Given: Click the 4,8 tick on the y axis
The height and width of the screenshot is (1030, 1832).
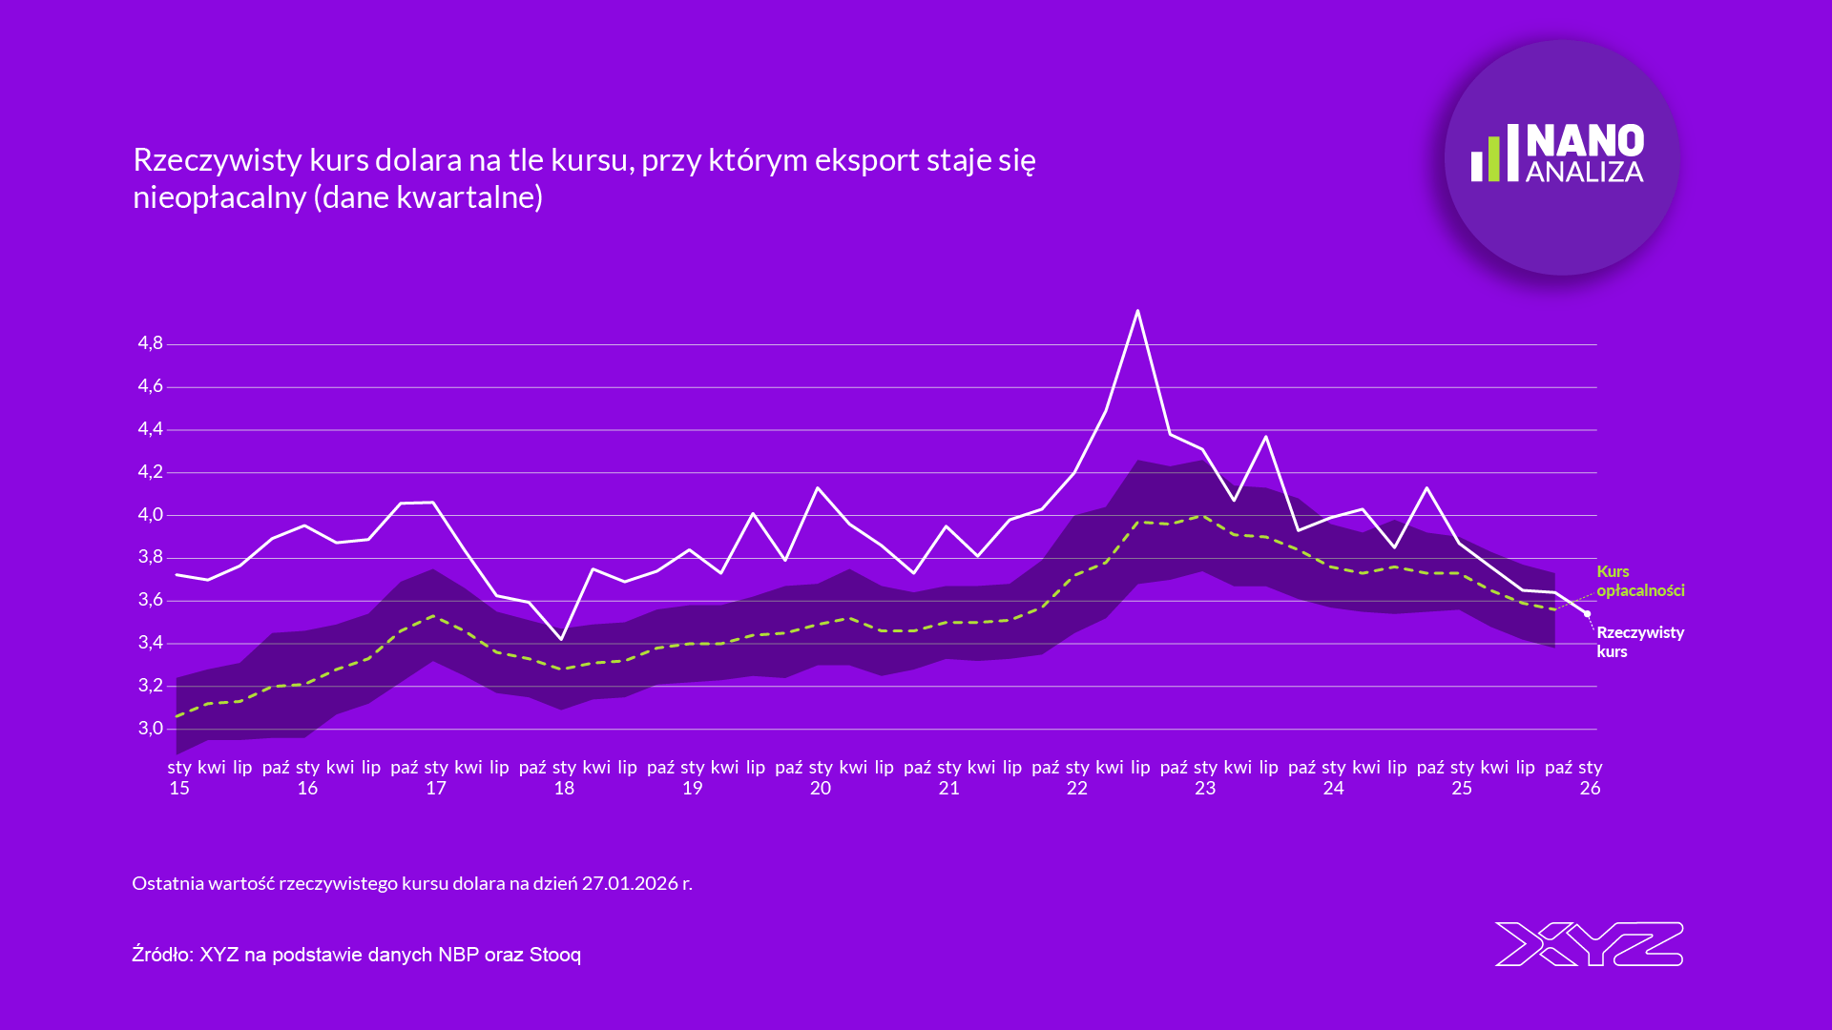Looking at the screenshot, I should click(x=151, y=343).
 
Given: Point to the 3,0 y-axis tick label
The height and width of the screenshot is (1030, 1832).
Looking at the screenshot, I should click(x=151, y=729).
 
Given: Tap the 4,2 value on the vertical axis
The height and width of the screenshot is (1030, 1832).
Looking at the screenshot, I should click(x=151, y=472).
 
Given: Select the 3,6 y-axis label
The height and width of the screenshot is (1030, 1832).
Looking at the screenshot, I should click(x=151, y=600).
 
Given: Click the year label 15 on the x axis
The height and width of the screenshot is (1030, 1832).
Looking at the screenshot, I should click(x=179, y=789).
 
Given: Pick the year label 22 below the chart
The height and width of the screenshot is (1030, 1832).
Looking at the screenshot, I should click(x=1077, y=789).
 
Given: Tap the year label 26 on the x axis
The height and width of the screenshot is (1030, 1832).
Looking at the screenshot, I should click(x=1590, y=789).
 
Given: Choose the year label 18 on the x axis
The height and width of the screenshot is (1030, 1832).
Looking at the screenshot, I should click(x=564, y=789).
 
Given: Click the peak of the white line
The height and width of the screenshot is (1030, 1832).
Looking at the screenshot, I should click(x=1137, y=311).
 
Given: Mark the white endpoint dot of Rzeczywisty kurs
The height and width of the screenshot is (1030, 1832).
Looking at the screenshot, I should click(x=1588, y=614).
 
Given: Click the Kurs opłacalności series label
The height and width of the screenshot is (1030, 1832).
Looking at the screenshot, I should click(x=1640, y=581).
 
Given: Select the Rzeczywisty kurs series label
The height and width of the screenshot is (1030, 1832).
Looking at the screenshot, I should click(x=1639, y=642).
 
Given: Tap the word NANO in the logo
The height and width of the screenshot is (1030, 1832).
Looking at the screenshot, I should click(x=1585, y=141).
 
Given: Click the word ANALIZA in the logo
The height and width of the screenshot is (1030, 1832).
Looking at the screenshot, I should click(x=1585, y=173).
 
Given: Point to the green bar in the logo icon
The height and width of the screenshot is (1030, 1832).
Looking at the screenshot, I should click(x=1494, y=159).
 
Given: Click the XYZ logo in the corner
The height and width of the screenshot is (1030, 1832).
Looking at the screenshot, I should click(x=1589, y=944).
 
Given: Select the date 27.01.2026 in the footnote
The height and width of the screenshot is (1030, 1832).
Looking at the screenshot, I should click(x=630, y=883).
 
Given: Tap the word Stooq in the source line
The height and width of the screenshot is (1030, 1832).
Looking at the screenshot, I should click(x=555, y=955).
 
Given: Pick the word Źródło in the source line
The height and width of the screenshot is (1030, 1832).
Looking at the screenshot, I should click(x=162, y=955).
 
